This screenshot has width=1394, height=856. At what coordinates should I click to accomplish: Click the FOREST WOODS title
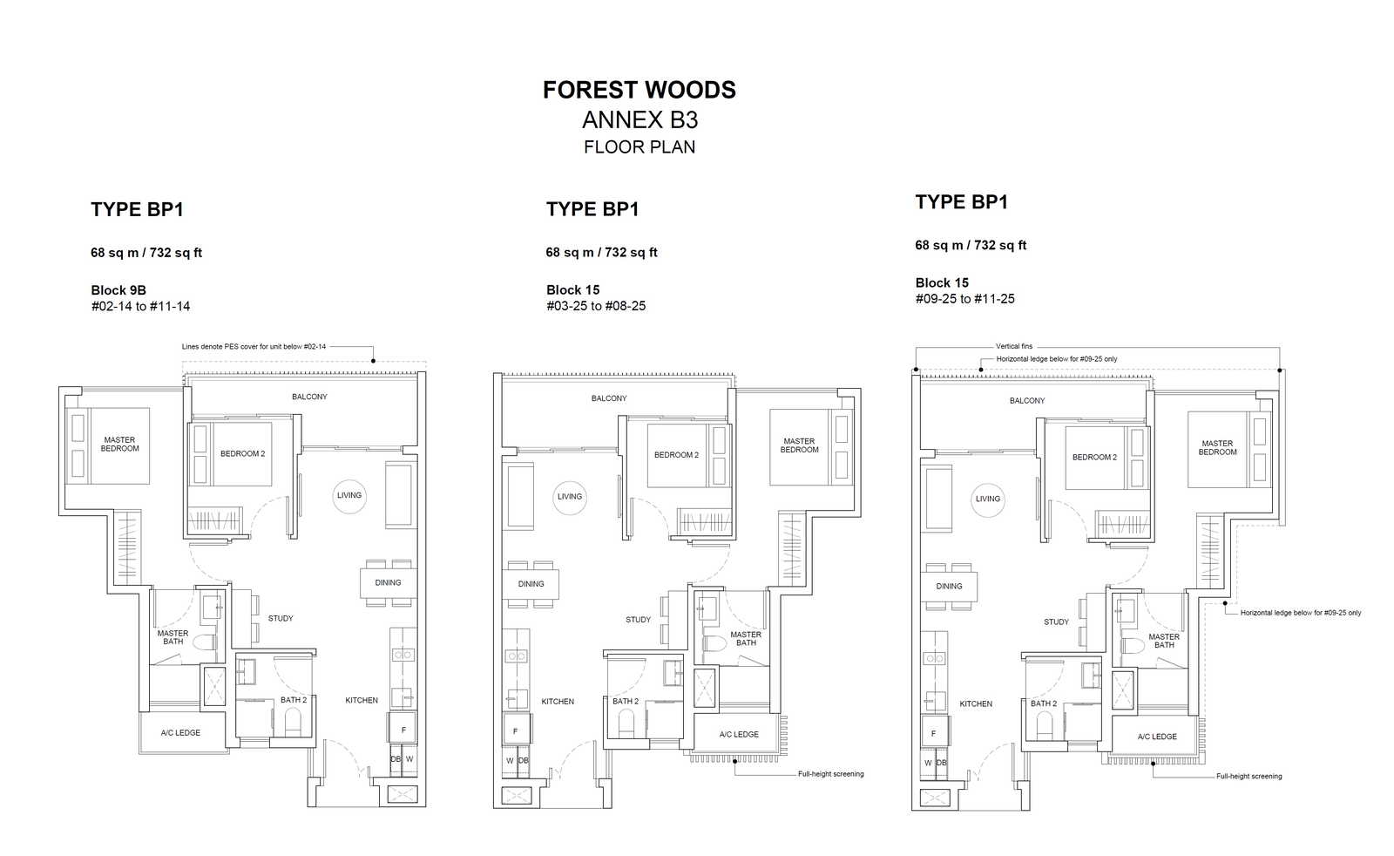(x=639, y=90)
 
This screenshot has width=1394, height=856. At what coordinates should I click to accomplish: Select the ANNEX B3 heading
(x=639, y=120)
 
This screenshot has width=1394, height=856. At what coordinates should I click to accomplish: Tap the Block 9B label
(x=118, y=290)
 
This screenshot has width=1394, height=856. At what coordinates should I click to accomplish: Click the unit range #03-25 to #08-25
(x=596, y=306)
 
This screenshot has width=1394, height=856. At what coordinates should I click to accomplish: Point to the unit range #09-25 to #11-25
(x=964, y=299)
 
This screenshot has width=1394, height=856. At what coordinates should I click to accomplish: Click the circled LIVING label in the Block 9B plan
(x=349, y=495)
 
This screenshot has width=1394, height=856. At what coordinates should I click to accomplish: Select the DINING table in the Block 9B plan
(x=389, y=582)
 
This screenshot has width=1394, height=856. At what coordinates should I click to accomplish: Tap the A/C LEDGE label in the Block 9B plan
(x=180, y=733)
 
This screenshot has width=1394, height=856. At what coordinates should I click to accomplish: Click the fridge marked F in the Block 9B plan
(x=403, y=730)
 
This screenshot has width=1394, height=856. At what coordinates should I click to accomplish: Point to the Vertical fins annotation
(x=1014, y=346)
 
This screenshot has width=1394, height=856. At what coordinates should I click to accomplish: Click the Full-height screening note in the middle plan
(x=831, y=774)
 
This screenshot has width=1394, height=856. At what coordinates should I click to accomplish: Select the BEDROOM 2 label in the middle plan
(x=676, y=455)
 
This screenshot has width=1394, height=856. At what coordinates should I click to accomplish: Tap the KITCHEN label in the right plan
(x=976, y=704)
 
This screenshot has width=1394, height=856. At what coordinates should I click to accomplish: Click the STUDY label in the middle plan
(x=638, y=620)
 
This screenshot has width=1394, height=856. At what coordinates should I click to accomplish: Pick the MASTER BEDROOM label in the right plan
(x=1217, y=447)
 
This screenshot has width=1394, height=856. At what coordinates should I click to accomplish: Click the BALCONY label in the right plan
(x=1027, y=401)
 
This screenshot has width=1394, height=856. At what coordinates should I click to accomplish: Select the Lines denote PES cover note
(x=254, y=347)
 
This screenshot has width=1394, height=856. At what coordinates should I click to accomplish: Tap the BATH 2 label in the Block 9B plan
(x=293, y=700)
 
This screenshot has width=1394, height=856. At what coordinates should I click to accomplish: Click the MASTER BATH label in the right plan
(x=1164, y=641)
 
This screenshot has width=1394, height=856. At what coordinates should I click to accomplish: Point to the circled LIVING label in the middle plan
(x=570, y=497)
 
